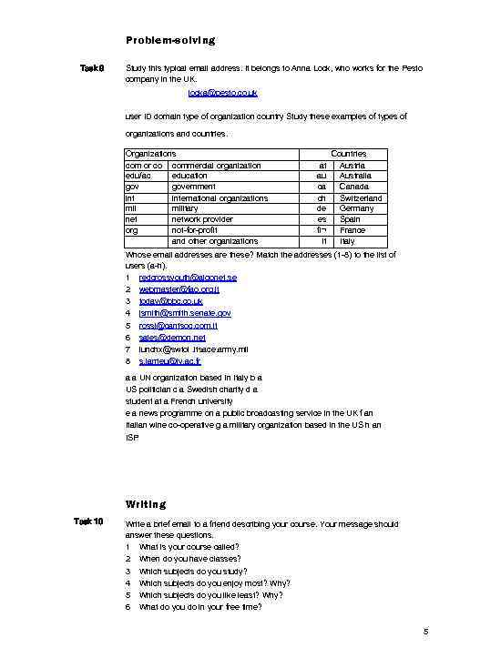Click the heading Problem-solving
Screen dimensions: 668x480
click(170, 40)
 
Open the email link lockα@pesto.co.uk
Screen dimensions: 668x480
click(222, 93)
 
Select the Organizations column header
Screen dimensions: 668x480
click(150, 155)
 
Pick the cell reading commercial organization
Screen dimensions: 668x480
click(216, 166)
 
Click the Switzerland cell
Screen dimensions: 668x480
click(361, 197)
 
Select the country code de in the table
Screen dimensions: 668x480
click(322, 208)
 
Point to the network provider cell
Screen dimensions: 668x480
click(202, 219)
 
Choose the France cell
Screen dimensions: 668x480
click(352, 230)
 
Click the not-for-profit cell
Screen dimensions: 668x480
click(194, 230)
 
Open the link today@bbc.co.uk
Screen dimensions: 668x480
click(170, 300)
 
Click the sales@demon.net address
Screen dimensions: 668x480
click(172, 337)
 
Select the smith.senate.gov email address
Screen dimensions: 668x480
click(185, 312)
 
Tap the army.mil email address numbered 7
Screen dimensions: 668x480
click(193, 349)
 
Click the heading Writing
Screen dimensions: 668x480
click(146, 503)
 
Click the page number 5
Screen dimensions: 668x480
click(425, 632)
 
